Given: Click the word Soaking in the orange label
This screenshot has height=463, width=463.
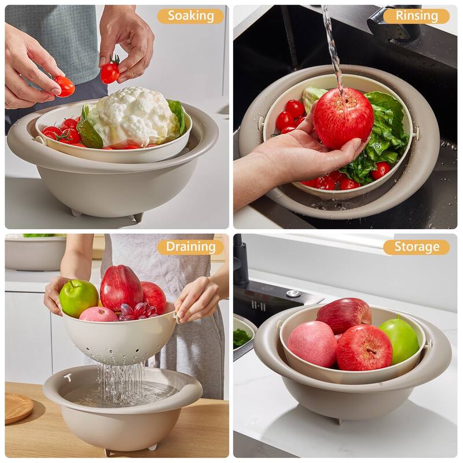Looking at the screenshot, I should pyautogui.click(x=190, y=16).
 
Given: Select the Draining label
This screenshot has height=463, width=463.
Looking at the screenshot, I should pyautogui.click(x=190, y=247).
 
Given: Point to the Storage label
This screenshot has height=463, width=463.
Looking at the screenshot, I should pyautogui.click(x=416, y=247).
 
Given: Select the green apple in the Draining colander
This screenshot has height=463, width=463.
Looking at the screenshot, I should pyautogui.click(x=78, y=297).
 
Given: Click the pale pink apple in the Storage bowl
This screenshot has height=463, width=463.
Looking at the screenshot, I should pyautogui.click(x=312, y=344).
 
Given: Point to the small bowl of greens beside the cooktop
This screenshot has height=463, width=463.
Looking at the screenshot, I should pyautogui.click(x=243, y=336).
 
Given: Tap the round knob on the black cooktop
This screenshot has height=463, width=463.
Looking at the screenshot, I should pyautogui.click(x=294, y=293).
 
